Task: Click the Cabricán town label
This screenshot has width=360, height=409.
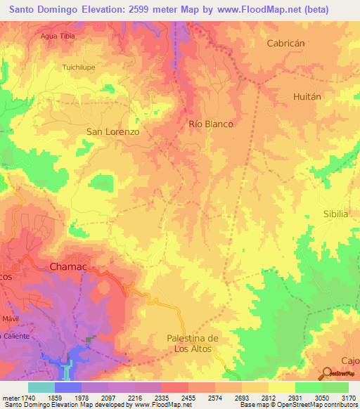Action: point(285,43)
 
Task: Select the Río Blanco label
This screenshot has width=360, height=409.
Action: point(211,124)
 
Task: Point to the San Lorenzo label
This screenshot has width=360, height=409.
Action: point(112,131)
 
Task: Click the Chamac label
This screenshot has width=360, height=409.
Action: point(68,267)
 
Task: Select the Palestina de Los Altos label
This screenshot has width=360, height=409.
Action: point(193,344)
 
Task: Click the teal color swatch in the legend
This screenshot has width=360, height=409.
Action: point(41,387)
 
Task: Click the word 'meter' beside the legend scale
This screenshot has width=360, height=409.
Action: point(9,398)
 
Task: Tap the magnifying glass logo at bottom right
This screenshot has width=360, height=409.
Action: point(328,373)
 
